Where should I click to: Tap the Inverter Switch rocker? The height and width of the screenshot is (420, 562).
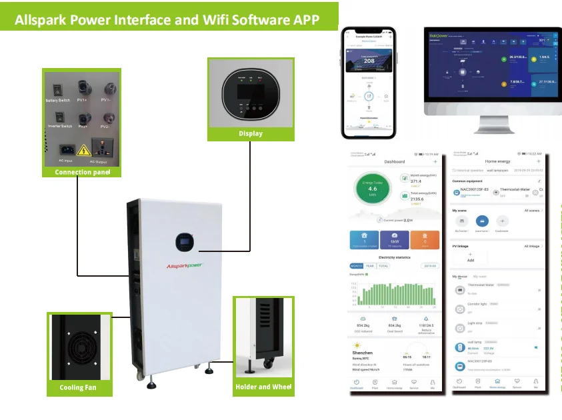click(x=58, y=118)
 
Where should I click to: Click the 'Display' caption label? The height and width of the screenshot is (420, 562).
click(x=251, y=133)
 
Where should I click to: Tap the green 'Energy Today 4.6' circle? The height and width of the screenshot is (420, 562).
click(x=373, y=189)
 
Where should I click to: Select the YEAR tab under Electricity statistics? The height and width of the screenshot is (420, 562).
click(x=370, y=265)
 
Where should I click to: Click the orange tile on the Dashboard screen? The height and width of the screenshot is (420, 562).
click(x=425, y=239)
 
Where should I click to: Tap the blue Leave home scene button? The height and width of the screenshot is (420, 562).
click(x=482, y=221)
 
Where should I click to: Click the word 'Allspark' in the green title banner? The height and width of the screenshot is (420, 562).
click(x=53, y=19)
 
